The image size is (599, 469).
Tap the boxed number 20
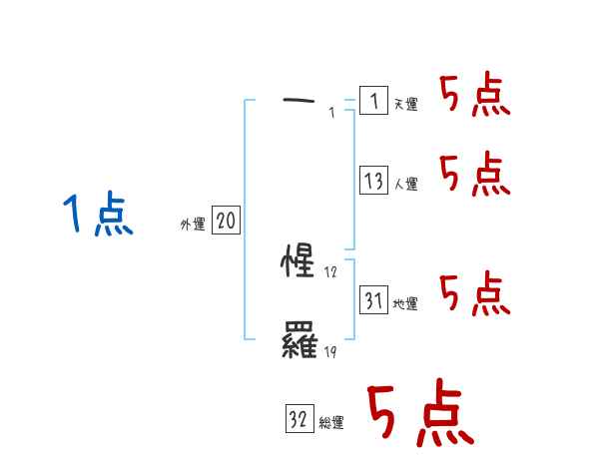(226, 222)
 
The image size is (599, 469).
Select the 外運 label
(193, 225)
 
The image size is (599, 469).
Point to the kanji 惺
(300, 262)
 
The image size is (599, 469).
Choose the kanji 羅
(300, 344)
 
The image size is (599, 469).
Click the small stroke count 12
(331, 272)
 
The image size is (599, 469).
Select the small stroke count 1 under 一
(331, 113)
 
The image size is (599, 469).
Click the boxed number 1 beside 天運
(373, 101)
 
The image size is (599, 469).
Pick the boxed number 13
(373, 181)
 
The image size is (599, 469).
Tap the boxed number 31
(373, 300)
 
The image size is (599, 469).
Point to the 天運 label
(406, 104)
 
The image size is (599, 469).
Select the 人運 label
(406, 185)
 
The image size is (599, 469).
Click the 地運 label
(406, 304)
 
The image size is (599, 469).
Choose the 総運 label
(331, 423)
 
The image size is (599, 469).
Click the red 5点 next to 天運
(475, 96)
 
